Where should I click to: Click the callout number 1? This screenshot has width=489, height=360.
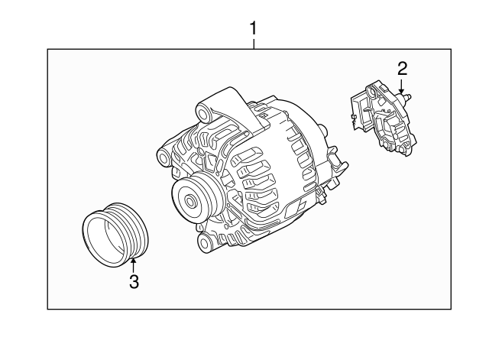click(254, 28)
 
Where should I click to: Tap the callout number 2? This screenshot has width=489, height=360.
click(403, 69)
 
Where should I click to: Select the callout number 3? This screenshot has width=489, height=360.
click(134, 282)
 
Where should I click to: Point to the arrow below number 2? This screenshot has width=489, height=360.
click(402, 86)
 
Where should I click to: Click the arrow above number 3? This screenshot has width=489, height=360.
click(134, 265)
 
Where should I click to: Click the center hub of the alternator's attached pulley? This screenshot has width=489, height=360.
click(190, 201)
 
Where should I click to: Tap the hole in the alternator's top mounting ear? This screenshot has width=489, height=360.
click(203, 114)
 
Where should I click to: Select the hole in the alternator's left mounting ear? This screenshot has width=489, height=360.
click(164, 157)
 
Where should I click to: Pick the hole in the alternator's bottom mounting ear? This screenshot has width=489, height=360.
click(204, 242)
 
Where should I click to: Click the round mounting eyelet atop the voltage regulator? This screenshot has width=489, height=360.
click(371, 92)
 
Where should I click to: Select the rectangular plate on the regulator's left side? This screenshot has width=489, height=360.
click(358, 112)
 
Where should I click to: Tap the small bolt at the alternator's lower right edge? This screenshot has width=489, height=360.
click(320, 195)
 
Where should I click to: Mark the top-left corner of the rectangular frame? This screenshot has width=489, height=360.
click(47, 49)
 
